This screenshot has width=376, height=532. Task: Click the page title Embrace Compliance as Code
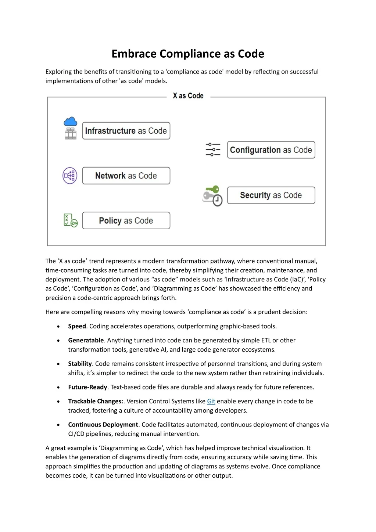pyautogui.click(x=188, y=54)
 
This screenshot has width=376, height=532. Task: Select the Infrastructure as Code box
pyautogui.click(x=126, y=131)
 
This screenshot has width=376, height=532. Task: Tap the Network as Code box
pyautogui.click(x=126, y=176)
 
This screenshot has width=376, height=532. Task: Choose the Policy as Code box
pyautogui.click(x=126, y=220)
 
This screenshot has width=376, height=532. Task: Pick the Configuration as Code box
pyautogui.click(x=271, y=150)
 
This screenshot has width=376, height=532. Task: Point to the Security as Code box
pyautogui.click(x=271, y=195)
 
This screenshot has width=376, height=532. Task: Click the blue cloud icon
pyautogui.click(x=70, y=122)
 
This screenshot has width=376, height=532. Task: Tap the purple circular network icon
pyautogui.click(x=70, y=176)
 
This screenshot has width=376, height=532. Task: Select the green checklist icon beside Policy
pyautogui.click(x=70, y=220)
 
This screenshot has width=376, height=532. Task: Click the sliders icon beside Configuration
pyautogui.click(x=213, y=150)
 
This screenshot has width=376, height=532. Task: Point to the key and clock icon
pyautogui.click(x=212, y=195)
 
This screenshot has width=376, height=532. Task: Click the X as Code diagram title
pyautogui.click(x=188, y=96)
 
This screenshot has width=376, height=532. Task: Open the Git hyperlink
pyautogui.click(x=211, y=401)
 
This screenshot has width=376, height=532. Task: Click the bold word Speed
pyautogui.click(x=77, y=326)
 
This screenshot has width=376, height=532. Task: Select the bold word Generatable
pyautogui.click(x=86, y=340)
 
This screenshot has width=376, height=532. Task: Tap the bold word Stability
pyautogui.click(x=80, y=364)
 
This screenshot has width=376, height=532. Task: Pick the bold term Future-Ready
pyautogui.click(x=87, y=387)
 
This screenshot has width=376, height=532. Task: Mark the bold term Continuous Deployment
pyautogui.click(x=103, y=425)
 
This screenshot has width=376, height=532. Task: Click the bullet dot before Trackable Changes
pyautogui.click(x=58, y=402)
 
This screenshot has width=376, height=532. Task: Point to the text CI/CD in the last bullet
pyautogui.click(x=76, y=434)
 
